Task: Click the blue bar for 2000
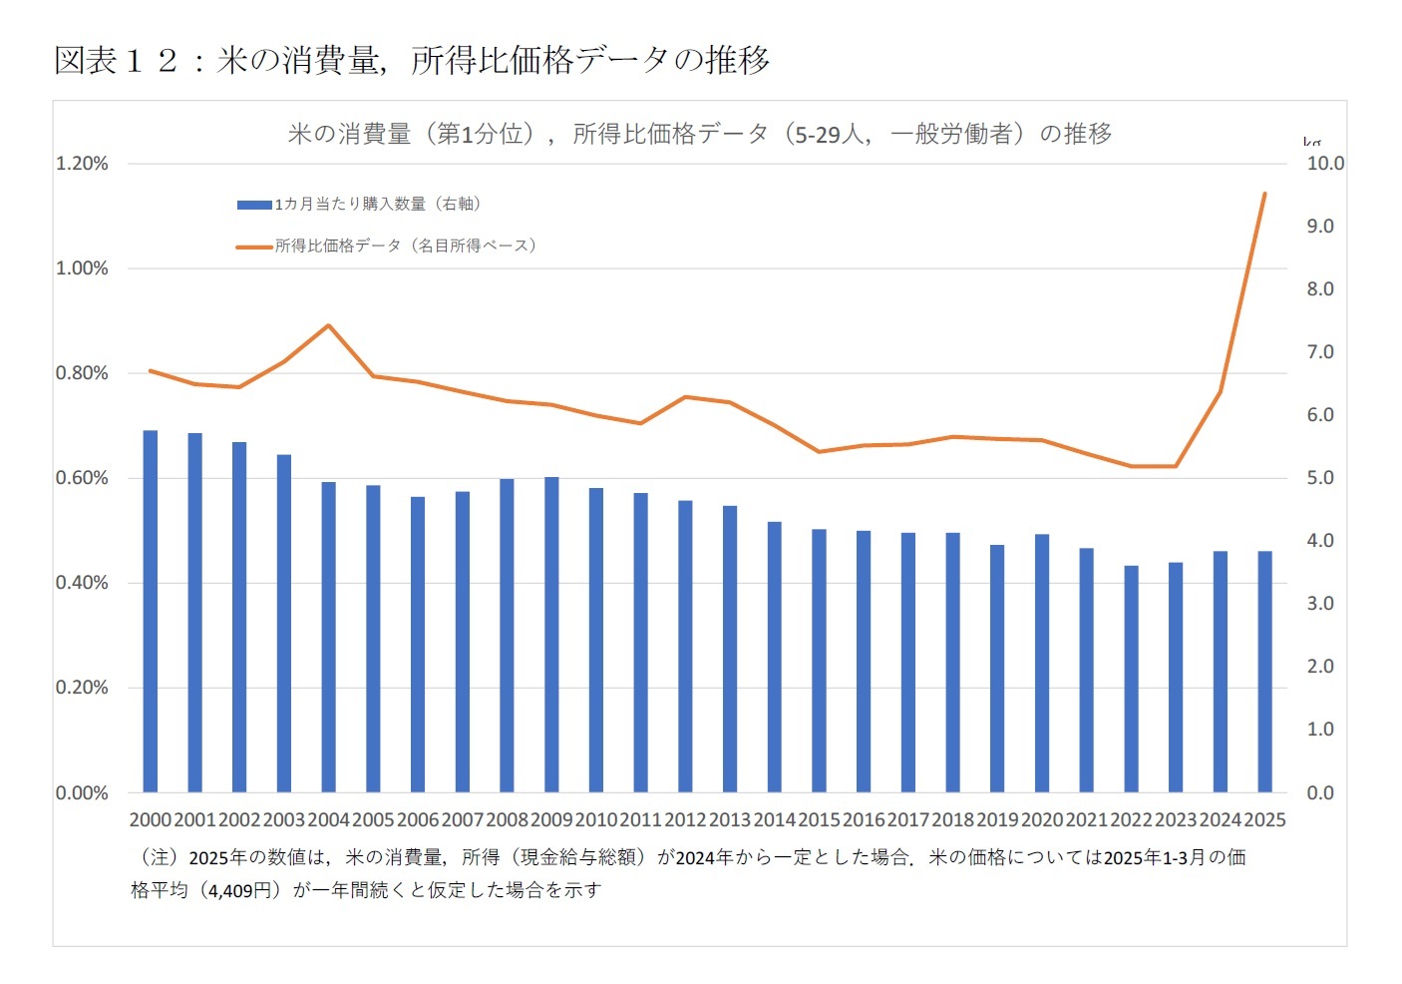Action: pyautogui.click(x=151, y=611)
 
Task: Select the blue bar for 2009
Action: pyautogui.click(x=551, y=635)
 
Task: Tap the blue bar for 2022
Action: pyautogui.click(x=1131, y=679)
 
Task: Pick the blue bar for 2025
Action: pyautogui.click(x=1264, y=672)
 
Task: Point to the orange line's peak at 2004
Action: pyautogui.click(x=328, y=325)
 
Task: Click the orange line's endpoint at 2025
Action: pyautogui.click(x=1264, y=194)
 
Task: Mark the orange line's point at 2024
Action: pyautogui.click(x=1220, y=391)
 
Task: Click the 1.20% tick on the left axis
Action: pyautogui.click(x=82, y=164)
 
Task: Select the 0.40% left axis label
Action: pyautogui.click(x=82, y=583)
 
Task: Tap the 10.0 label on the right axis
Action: pyautogui.click(x=1325, y=164)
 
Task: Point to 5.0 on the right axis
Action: pyautogui.click(x=1320, y=478)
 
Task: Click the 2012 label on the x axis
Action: pyautogui.click(x=685, y=820)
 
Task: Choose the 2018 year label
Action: pyautogui.click(x=952, y=820)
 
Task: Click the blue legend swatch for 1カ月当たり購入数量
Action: pyautogui.click(x=254, y=205)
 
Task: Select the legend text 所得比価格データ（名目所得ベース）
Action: pyautogui.click(x=406, y=246)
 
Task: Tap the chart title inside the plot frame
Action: pyautogui.click(x=699, y=134)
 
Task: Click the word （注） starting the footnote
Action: pyautogui.click(x=158, y=857)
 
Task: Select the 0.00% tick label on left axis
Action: pyautogui.click(x=82, y=793)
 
